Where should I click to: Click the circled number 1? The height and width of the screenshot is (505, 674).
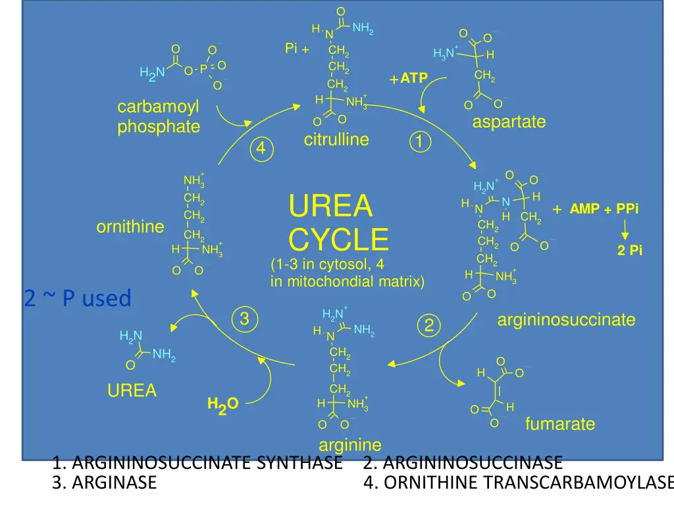click(x=420, y=142)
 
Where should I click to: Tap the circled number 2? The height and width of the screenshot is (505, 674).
click(x=429, y=325)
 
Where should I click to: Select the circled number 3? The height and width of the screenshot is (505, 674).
click(x=245, y=319)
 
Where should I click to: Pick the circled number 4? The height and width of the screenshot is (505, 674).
click(x=261, y=149)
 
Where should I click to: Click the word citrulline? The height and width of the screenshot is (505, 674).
click(x=336, y=139)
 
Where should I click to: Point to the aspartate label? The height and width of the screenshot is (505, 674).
click(x=509, y=122)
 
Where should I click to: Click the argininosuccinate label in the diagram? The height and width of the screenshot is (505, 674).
click(x=566, y=320)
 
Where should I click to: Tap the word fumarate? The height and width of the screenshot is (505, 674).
click(x=560, y=424)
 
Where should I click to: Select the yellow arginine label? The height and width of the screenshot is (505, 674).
click(x=350, y=445)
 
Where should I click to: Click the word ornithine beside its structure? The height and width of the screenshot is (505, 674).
click(x=130, y=227)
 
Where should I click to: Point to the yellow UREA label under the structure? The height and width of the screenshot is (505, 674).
click(x=132, y=391)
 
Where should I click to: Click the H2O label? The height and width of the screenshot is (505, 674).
click(x=222, y=405)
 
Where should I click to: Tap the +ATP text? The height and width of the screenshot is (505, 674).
click(x=408, y=78)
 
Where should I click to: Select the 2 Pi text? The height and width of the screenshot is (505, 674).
click(x=630, y=251)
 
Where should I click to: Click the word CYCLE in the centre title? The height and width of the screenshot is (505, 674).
click(x=339, y=239)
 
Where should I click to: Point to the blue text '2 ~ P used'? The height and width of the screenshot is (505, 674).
click(x=78, y=298)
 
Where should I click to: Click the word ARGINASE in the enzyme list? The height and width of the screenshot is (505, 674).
click(x=114, y=483)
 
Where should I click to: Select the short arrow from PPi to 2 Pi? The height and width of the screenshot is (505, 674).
click(x=625, y=230)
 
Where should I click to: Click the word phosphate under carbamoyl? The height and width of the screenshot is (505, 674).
click(x=159, y=127)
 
